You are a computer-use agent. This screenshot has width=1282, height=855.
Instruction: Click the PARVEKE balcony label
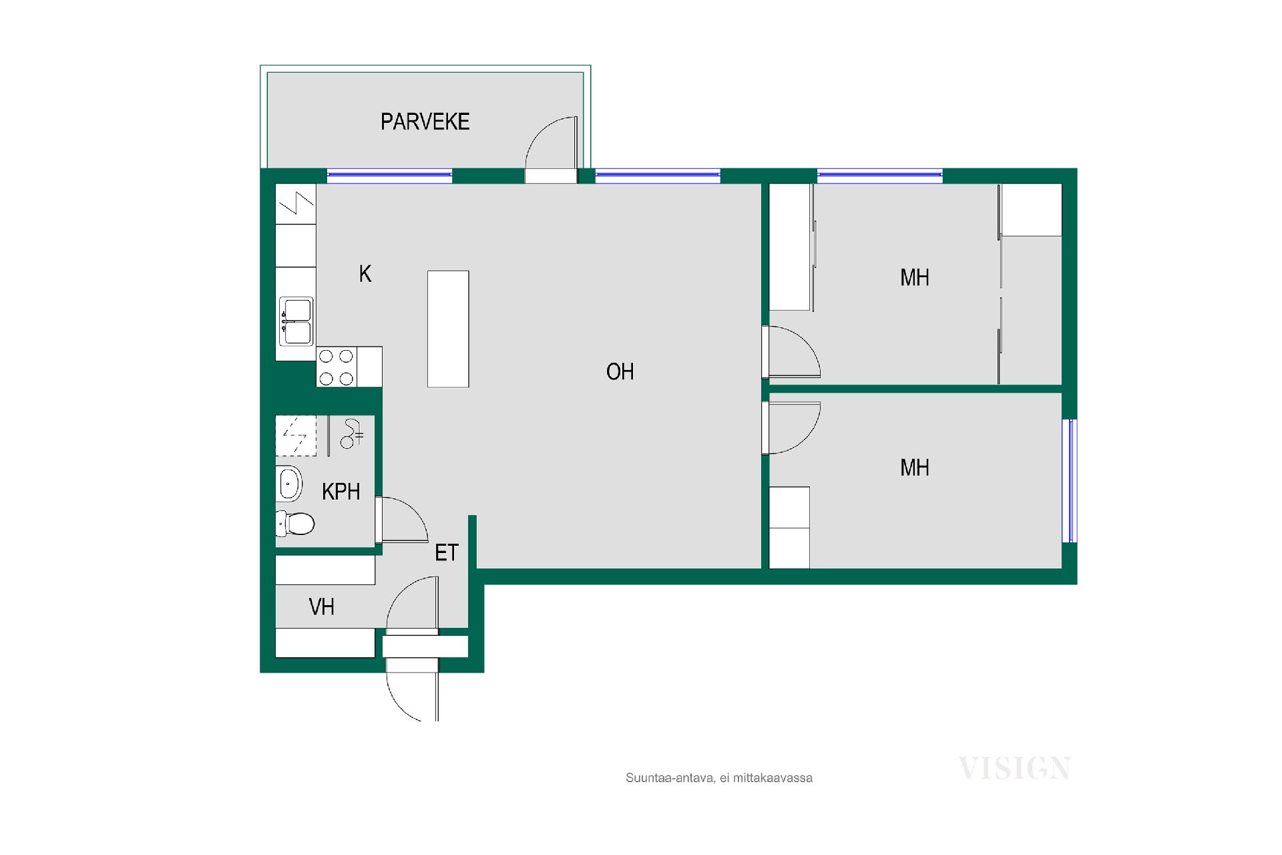[x=425, y=122]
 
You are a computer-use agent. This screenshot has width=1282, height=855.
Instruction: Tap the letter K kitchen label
[x=365, y=274]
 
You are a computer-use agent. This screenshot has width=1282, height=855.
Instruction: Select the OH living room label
[x=620, y=371]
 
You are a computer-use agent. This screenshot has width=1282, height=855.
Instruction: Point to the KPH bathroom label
[x=341, y=492]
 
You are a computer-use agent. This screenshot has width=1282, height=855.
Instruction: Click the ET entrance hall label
[x=447, y=552]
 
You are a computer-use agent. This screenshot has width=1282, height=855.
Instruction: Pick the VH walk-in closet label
[x=321, y=607]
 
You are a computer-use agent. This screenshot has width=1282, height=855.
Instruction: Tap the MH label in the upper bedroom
[x=914, y=277]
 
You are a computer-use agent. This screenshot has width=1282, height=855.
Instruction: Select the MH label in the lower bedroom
[x=914, y=468]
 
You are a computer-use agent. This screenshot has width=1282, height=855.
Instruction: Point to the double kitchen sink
[x=296, y=321]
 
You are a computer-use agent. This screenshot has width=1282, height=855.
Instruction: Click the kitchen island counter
[x=448, y=329]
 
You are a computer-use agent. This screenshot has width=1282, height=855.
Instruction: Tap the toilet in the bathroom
[x=294, y=524]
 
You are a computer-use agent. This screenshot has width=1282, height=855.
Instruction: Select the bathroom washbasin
[x=289, y=483]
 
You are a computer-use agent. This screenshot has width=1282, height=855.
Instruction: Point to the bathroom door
[x=401, y=520]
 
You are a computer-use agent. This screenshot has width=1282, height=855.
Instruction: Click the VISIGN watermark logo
[x=1014, y=768]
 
